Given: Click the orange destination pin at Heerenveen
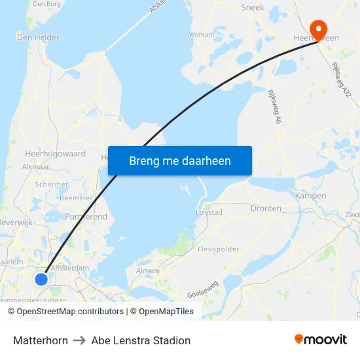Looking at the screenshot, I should tap(319, 28).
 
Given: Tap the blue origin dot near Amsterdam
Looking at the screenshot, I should tap(41, 279).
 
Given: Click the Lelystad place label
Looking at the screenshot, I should tap(209, 213).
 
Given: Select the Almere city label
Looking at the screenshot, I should tap(147, 270).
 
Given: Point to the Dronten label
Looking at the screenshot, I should tap(266, 208).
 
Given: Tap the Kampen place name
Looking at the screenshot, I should tap(310, 196).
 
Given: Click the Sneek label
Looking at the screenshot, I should tap(253, 7).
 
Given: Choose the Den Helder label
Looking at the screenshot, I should tap(38, 37).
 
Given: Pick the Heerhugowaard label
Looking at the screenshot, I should tap(55, 154).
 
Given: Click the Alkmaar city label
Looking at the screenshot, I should tap(36, 167).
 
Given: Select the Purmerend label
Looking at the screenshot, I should tap(86, 216).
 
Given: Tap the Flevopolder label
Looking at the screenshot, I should tap(218, 249).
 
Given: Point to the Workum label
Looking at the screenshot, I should tap(201, 34).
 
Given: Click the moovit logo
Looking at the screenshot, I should tap(320, 340).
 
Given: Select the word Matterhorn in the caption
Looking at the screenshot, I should tap(41, 340).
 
